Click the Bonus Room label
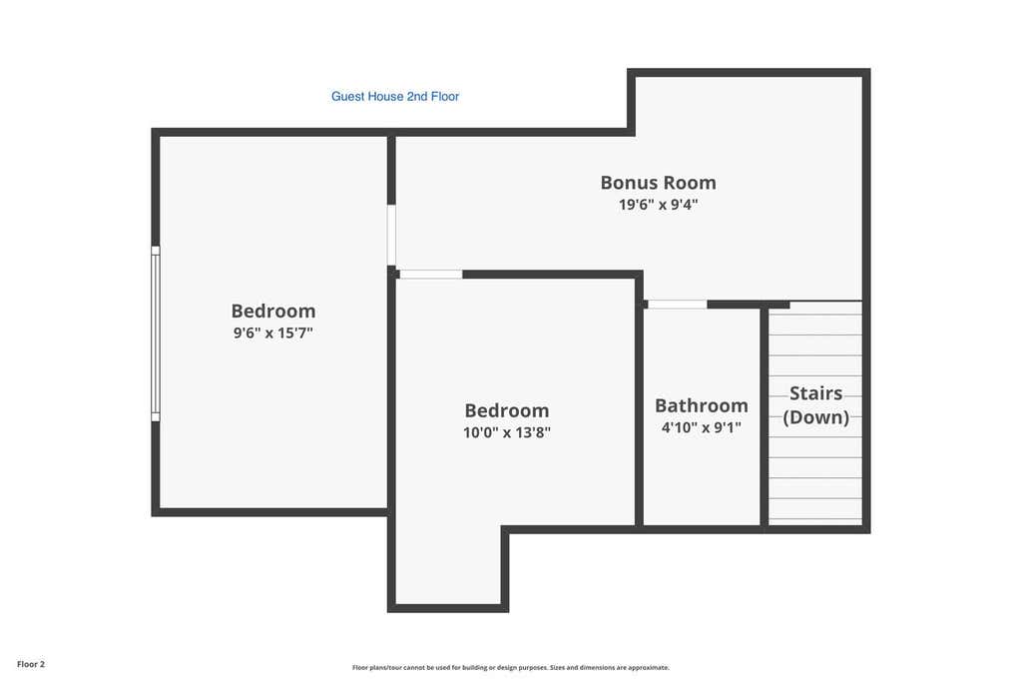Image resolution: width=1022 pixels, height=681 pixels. [659, 183]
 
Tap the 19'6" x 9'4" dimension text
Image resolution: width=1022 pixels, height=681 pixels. [659, 204]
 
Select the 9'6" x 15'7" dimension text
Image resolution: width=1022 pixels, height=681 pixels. [273, 333]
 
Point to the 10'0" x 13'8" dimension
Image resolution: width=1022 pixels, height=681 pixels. [507, 432]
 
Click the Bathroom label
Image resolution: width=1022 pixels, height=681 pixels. [702, 405]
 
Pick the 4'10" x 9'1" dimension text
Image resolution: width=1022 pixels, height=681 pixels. [702, 428]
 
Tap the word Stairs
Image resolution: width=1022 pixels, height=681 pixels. [816, 393]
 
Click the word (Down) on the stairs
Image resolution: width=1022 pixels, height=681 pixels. [816, 417]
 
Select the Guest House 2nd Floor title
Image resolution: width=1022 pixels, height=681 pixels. [395, 97]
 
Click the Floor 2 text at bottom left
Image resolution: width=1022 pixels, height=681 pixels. [31, 664]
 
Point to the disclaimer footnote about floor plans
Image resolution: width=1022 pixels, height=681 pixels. [510, 667]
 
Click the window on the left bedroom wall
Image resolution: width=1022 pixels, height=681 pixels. [155, 334]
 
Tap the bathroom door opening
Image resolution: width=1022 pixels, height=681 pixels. [678, 305]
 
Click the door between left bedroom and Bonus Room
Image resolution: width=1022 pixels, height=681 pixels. [391, 235]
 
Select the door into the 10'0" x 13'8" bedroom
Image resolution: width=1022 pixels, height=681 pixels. [430, 275]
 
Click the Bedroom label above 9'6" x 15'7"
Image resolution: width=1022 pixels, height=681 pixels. [273, 311]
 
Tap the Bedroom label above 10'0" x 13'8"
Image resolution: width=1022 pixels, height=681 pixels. [507, 410]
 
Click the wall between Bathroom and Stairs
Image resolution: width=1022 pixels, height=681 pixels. [765, 415]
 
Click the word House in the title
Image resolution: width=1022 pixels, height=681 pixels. [385, 97]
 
